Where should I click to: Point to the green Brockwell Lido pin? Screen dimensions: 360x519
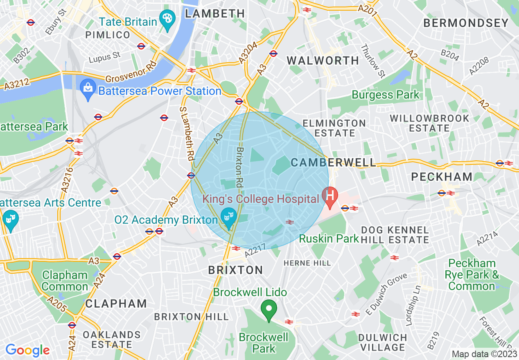[x=269, y=310]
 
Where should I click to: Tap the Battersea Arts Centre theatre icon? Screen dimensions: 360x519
[x=9, y=219]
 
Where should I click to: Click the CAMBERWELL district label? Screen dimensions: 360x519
[x=333, y=162]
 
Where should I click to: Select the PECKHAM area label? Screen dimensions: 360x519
[x=442, y=177]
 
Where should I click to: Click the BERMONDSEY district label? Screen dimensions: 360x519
[x=466, y=23]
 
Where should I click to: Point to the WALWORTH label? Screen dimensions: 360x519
[x=323, y=61]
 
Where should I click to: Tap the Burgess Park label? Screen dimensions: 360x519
[x=386, y=95]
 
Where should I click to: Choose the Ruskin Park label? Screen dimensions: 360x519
[x=329, y=238]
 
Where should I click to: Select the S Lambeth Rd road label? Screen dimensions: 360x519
[x=186, y=133]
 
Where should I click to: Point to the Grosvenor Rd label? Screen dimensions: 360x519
[x=131, y=72]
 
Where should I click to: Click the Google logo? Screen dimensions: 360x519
[x=27, y=350]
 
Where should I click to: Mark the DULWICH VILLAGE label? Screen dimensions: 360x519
[x=383, y=343]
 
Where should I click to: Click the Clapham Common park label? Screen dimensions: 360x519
[x=65, y=281]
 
